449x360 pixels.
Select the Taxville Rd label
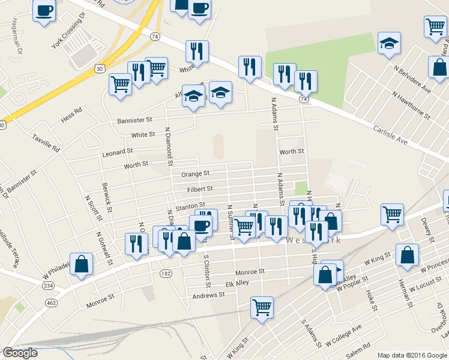(47, 142)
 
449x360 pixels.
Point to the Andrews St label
(208, 295)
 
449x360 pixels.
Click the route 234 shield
(48, 285)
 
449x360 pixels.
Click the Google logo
(20, 353)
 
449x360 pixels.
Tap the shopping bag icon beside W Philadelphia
(82, 265)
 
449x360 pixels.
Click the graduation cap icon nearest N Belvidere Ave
(390, 43)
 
